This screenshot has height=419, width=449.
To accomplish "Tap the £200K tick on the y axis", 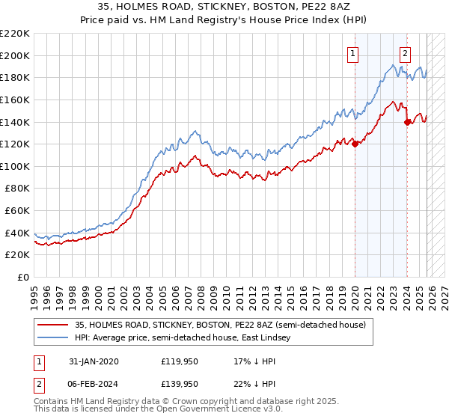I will [16, 55].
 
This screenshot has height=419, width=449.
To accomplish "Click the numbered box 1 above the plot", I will [352, 53].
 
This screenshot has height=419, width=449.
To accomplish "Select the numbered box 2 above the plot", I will [405, 53].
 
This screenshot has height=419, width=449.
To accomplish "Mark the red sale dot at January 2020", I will [355, 144].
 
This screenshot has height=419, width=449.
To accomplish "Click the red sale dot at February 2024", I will [407, 122].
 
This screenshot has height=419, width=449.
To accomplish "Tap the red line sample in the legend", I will [54, 325].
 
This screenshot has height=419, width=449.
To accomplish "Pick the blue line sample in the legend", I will [54, 338].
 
